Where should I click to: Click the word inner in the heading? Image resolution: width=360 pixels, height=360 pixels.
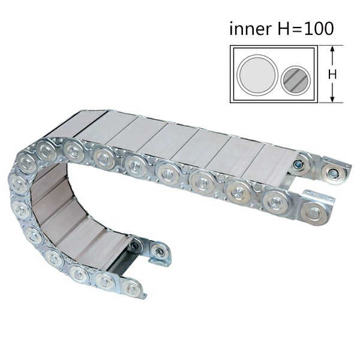250,29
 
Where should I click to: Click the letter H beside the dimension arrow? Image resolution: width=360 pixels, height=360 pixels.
332,74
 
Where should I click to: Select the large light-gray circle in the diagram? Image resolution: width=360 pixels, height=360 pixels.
257,74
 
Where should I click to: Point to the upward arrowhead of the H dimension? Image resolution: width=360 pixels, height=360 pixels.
332,49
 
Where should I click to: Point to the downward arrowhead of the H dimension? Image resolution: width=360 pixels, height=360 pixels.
332,99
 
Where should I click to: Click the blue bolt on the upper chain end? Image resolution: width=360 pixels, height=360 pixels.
298,164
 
